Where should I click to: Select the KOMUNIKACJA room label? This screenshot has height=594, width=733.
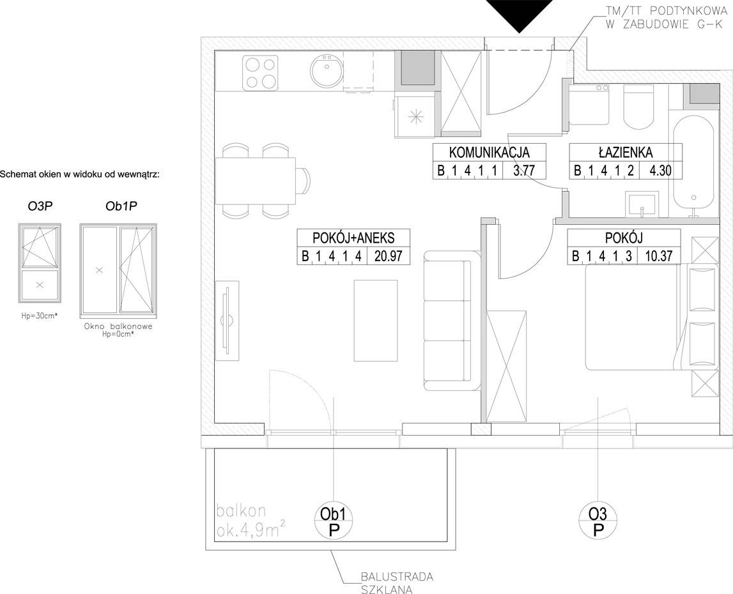(x=489, y=153)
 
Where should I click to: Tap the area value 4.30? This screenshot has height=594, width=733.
(x=661, y=171)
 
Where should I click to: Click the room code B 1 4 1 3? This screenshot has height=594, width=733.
(x=601, y=256)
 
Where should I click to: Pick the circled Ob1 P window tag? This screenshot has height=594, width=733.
(x=334, y=522)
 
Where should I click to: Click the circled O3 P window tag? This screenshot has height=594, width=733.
(x=598, y=522)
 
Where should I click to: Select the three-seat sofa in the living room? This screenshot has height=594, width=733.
(x=452, y=321)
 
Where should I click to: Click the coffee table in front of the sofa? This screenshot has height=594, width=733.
(x=376, y=321)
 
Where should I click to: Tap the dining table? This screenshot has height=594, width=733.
(x=256, y=181)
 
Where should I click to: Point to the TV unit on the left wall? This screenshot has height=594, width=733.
(x=228, y=321)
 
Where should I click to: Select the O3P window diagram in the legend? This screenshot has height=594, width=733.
(x=40, y=263)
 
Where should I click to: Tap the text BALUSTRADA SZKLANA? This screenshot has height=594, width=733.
(x=397, y=583)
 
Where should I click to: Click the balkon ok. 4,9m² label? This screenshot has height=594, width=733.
(x=252, y=521)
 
